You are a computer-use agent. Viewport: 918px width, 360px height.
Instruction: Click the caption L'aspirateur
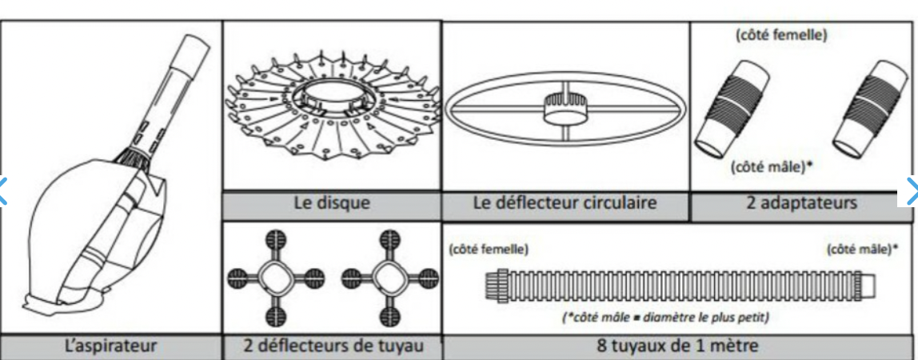110,346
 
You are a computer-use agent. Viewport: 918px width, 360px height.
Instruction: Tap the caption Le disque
332,203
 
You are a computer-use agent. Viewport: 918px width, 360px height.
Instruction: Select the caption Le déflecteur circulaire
565,202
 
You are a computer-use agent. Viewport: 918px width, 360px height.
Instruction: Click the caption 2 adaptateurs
803,202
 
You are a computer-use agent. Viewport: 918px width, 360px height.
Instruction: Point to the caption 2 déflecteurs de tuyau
332,346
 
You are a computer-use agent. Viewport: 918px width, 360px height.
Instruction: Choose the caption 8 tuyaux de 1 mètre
679,346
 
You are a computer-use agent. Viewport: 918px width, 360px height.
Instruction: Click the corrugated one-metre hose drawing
680,285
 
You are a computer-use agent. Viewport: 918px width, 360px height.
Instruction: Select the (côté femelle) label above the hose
488,249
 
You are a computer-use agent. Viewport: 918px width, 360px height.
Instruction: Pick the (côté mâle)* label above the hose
862,249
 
